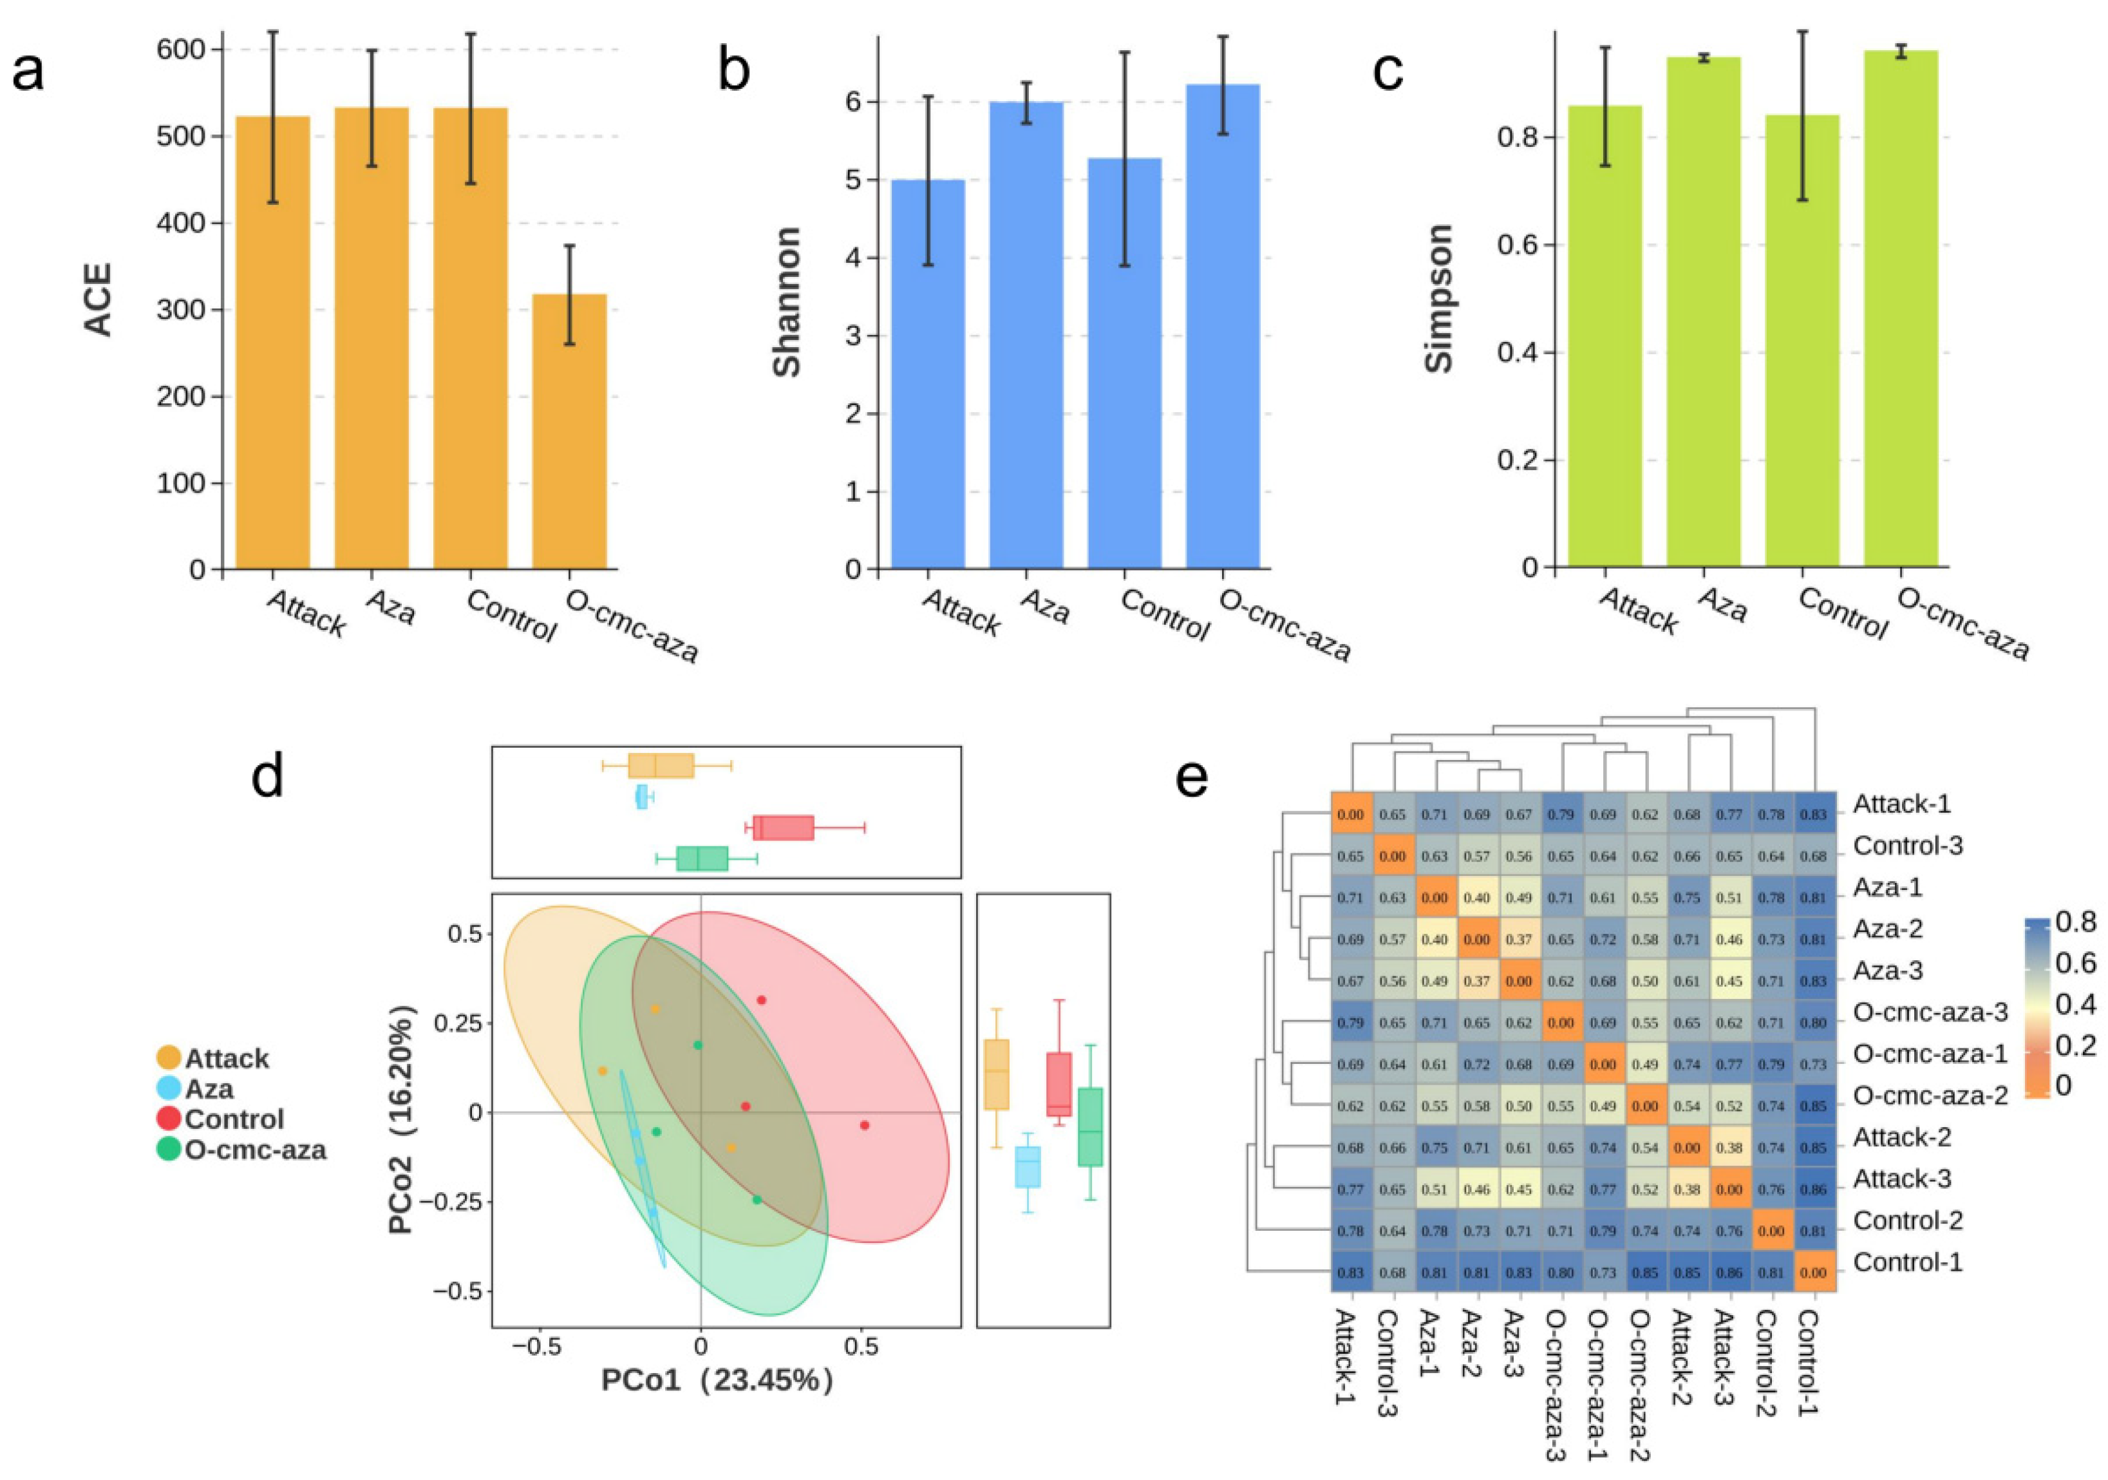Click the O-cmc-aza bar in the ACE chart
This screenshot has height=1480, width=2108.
(569, 432)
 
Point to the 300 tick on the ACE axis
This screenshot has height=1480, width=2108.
(181, 310)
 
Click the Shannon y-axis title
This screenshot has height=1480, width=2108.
(787, 302)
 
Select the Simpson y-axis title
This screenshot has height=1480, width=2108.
(1440, 298)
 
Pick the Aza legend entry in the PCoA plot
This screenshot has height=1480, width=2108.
(209, 1089)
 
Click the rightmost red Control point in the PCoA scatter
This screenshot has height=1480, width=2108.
(864, 1124)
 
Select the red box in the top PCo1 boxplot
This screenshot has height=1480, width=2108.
(783, 827)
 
